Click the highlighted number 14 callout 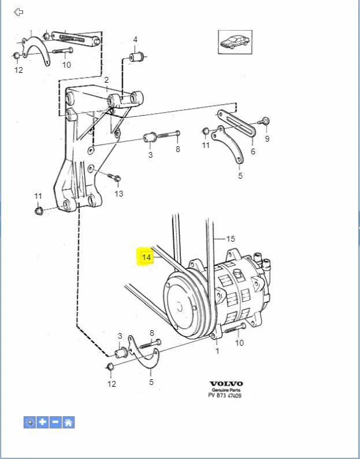tap(147, 257)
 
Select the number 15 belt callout tap(231, 238)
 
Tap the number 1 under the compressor tap(217, 350)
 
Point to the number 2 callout tap(106, 80)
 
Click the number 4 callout tap(135, 39)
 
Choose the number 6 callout tap(253, 152)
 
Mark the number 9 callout tap(267, 139)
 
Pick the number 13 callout tap(118, 194)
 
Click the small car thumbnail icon tap(235, 42)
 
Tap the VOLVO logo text tap(226, 383)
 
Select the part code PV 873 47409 tap(225, 396)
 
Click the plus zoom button tap(43, 422)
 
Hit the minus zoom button tap(55, 422)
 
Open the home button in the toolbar tap(68, 422)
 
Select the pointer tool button tap(30, 422)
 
